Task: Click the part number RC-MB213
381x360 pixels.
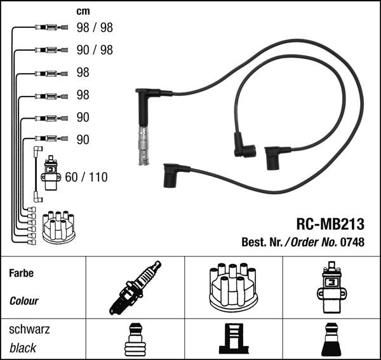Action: tap(330, 224)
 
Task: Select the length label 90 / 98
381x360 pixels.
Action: tap(95, 50)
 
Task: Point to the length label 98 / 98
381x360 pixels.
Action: tap(95, 28)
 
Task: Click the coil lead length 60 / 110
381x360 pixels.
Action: tap(86, 177)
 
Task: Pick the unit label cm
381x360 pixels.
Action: tap(83, 11)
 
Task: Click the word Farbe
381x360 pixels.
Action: tap(21, 274)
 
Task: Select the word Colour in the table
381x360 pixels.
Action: tap(24, 302)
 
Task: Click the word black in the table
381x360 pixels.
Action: tap(23, 347)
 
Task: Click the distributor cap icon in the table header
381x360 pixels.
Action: tap(233, 286)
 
